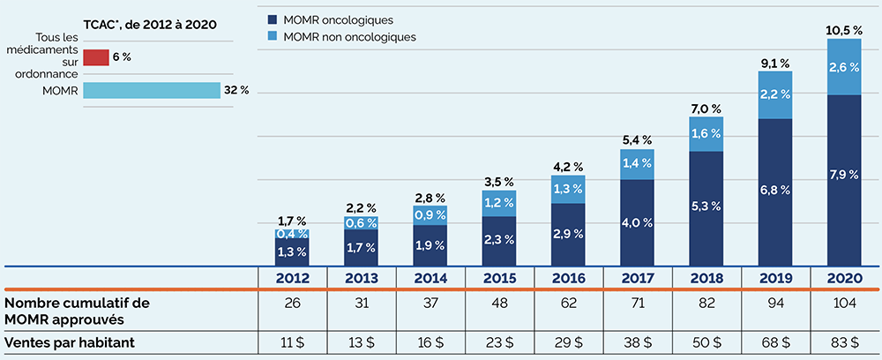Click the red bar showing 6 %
[97, 57]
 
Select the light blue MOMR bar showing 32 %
[153, 91]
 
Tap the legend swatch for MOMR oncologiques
[270, 19]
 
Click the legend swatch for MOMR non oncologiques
[270, 37]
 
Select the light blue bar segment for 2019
[775, 94]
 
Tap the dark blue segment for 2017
[637, 221]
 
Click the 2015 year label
[498, 278]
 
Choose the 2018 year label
[706, 278]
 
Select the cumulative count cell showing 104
[844, 309]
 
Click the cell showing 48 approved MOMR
[498, 309]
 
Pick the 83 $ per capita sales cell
[844, 342]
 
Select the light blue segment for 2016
[568, 189]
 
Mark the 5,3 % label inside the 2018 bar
[706, 206]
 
